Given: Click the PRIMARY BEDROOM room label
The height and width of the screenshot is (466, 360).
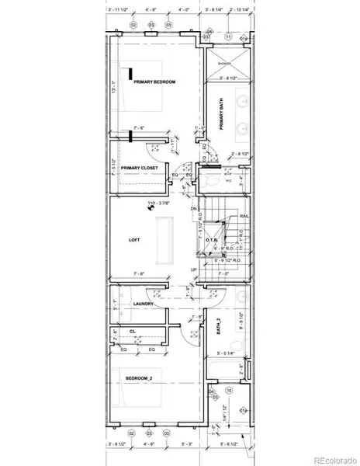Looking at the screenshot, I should click(154, 82).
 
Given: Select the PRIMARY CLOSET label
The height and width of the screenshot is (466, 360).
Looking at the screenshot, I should click(140, 167).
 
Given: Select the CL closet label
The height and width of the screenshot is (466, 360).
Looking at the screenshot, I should click(133, 332).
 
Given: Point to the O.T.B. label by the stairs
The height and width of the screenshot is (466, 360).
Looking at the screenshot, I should click(211, 240).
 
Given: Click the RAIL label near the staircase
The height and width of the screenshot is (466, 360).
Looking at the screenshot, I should click(243, 217).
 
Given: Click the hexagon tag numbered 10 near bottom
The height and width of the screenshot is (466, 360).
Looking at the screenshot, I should click(228, 389).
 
